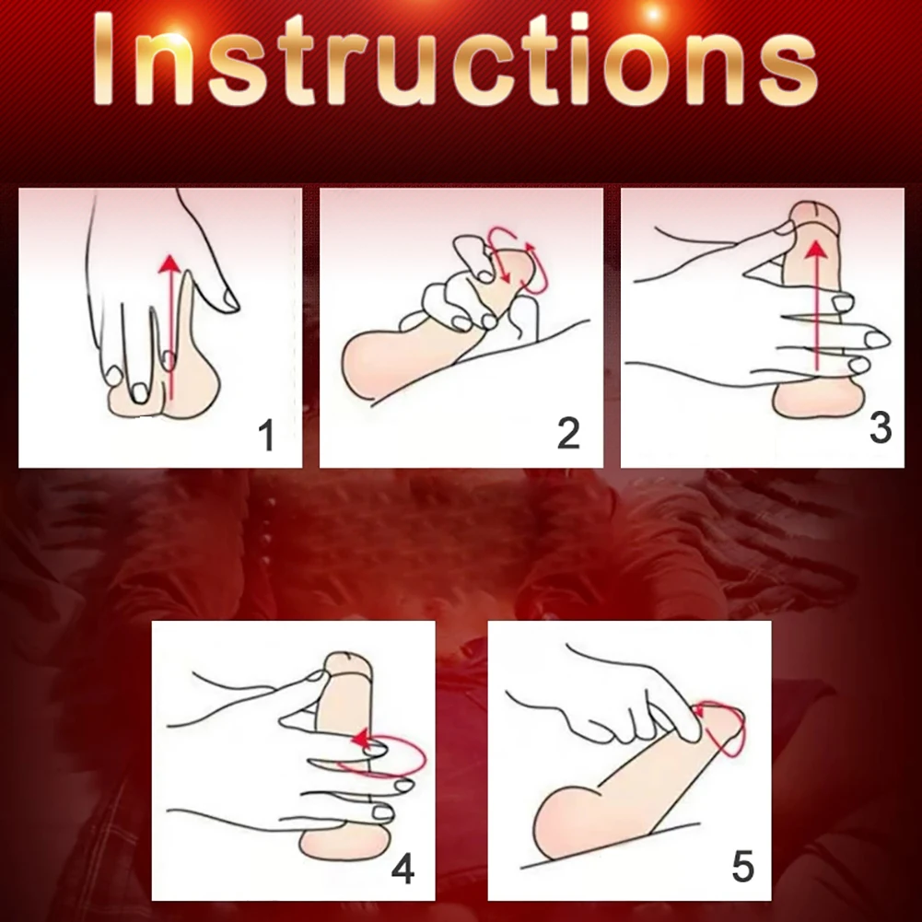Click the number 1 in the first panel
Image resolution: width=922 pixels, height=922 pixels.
tap(267, 436)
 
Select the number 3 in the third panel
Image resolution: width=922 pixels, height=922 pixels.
tap(881, 427)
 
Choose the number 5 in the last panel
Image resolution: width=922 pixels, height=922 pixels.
tap(742, 866)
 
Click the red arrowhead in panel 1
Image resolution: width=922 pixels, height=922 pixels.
tap(169, 263)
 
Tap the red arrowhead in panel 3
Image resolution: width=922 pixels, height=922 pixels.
tap(814, 250)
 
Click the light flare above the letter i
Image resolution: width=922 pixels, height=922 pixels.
tap(653, 13)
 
